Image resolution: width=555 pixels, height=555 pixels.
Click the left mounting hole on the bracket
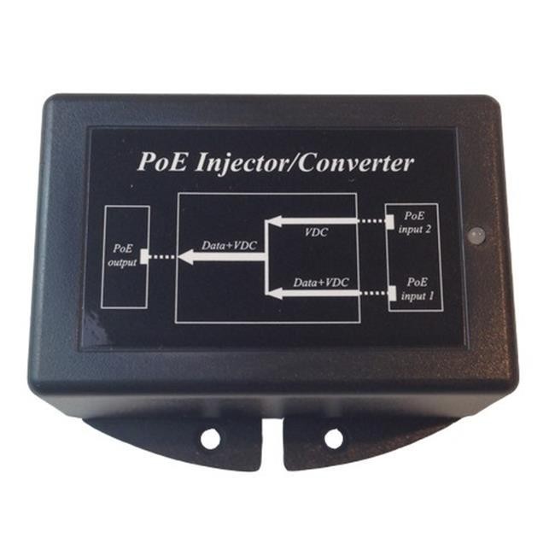(x=210, y=439)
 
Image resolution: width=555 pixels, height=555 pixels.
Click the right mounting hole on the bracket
(x=334, y=439)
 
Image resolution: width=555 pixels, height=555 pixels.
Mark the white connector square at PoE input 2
(x=389, y=223)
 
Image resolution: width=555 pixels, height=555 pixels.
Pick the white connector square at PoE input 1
(x=392, y=294)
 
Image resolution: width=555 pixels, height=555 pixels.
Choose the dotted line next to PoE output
(x=162, y=255)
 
